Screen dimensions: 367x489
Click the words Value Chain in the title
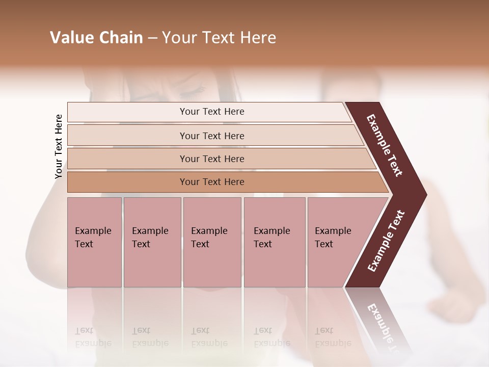click(96, 38)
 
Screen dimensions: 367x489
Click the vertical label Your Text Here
click(59, 146)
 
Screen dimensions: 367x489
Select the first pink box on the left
click(94, 242)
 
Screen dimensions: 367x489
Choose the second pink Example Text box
click(152, 242)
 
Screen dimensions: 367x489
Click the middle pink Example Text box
click(212, 242)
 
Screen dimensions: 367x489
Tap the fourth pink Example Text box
click(274, 242)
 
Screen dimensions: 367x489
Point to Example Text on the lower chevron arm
click(386, 241)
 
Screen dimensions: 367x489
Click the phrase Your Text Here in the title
click(219, 38)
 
